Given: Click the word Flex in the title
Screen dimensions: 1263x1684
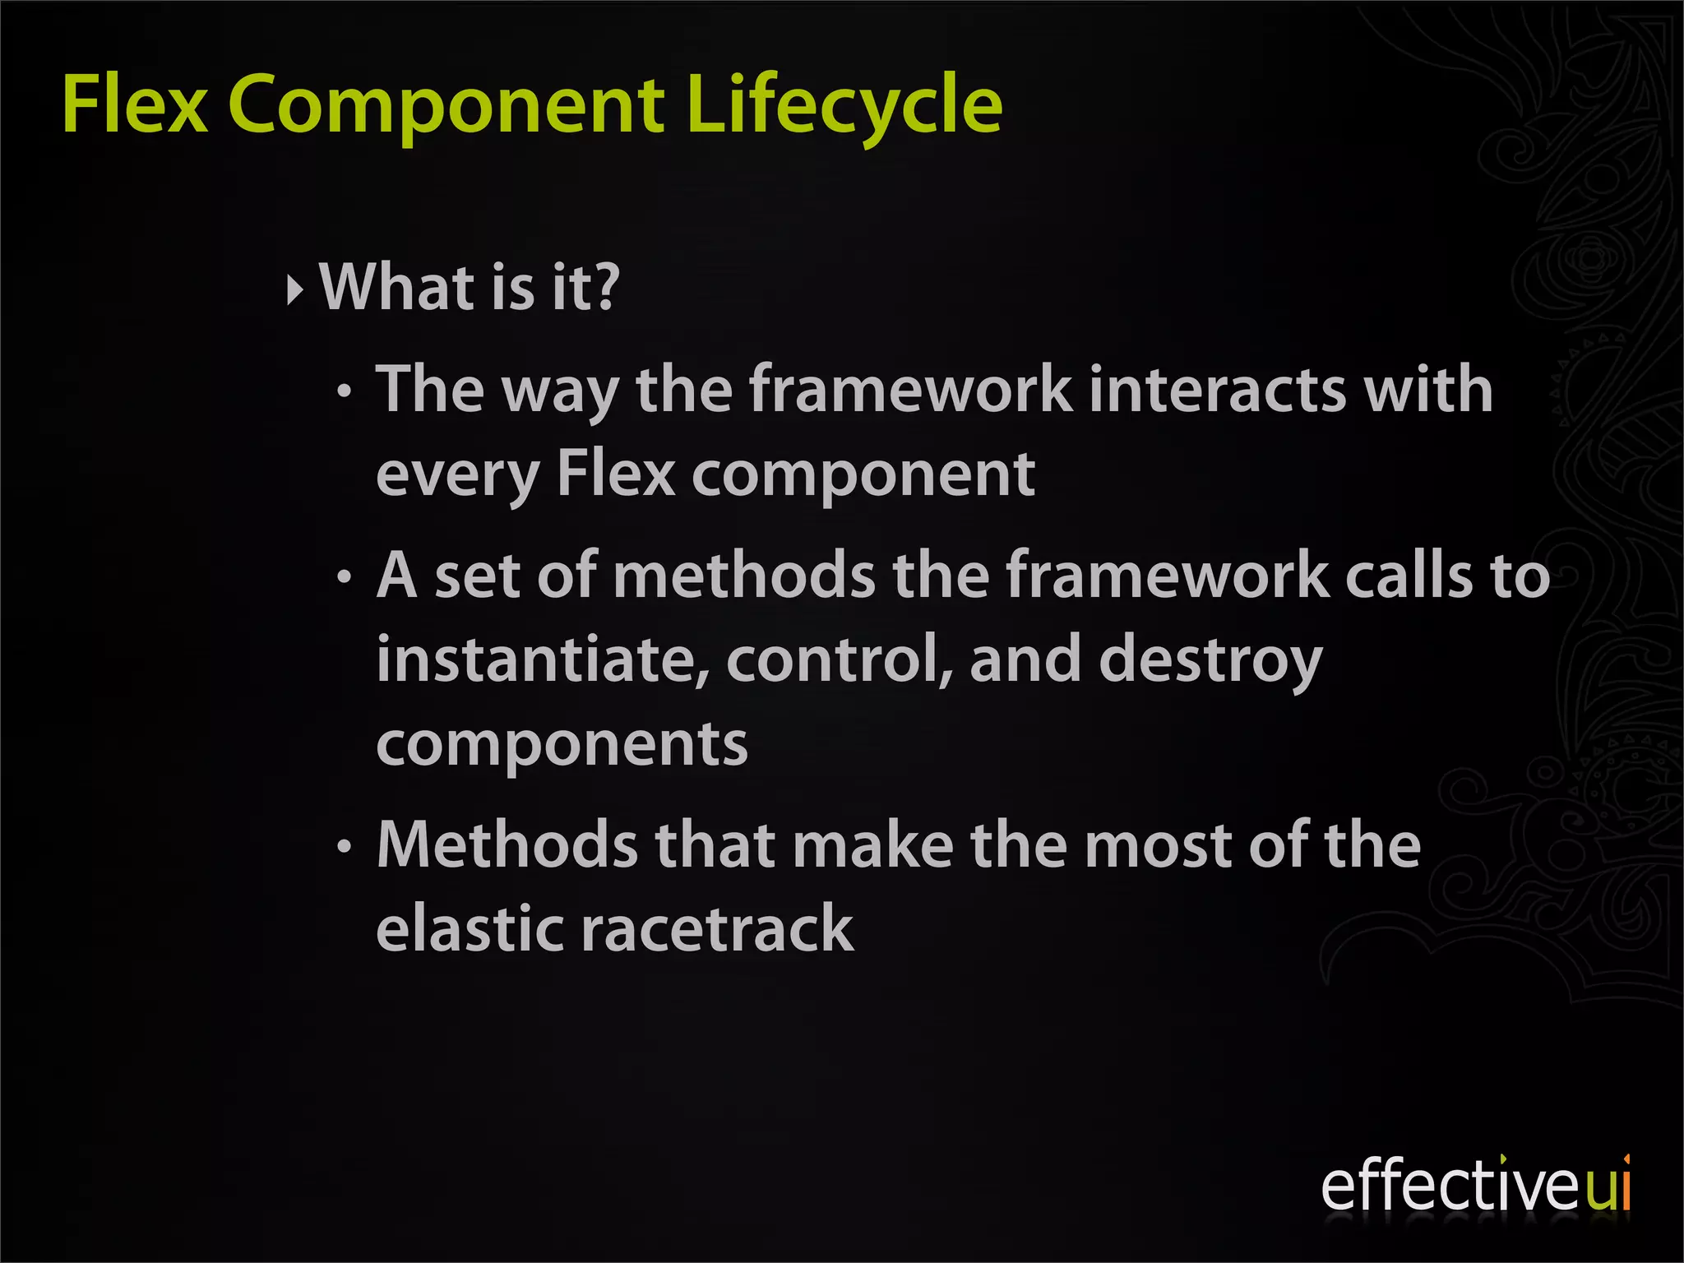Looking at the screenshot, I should coord(135,104).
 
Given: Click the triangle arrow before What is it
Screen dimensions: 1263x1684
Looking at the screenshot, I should coord(295,289).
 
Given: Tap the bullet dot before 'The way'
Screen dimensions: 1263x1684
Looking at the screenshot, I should coord(345,393).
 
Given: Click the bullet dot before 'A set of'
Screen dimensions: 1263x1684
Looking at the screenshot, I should coord(345,578).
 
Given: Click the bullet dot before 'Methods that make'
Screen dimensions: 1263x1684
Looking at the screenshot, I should coord(345,847).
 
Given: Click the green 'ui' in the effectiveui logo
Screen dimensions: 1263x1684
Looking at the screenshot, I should coord(1608,1186).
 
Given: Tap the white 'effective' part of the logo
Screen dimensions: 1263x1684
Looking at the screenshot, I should coord(1451,1186).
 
